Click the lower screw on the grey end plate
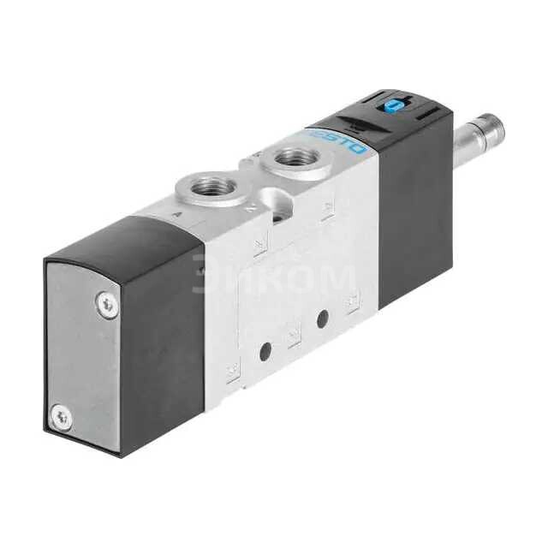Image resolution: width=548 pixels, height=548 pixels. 59,417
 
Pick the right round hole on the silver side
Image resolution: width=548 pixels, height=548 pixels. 323,319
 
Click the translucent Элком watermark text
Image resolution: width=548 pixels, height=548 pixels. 274,276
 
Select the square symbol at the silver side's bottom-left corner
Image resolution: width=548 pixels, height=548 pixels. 231,371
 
